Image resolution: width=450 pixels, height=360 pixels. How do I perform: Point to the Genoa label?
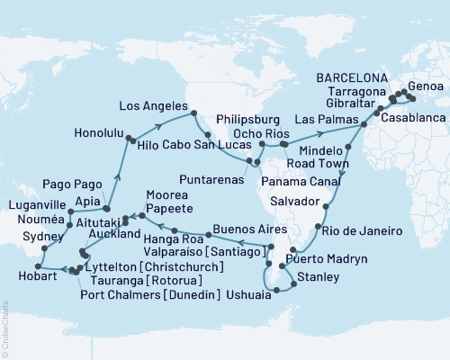(425, 87)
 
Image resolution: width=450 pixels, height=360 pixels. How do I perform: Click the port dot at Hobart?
(39, 265)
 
